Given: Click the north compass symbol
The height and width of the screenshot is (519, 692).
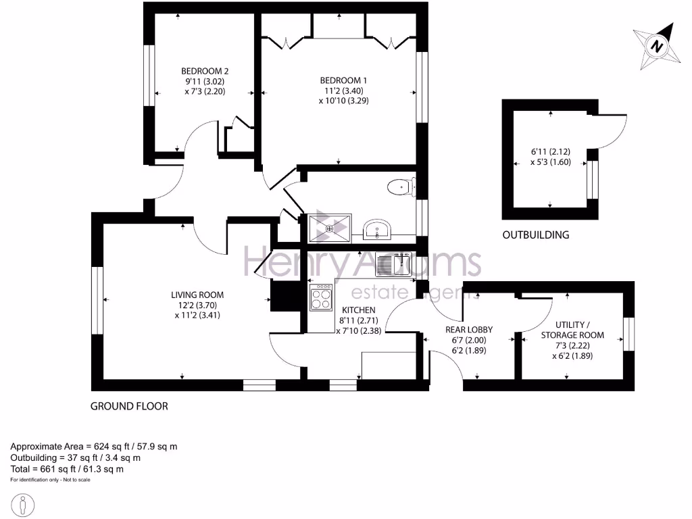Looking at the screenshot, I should coord(655,46).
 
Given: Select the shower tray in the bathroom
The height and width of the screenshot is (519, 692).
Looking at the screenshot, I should coord(330,228).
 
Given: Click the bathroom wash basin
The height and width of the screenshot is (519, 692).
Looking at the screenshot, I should coord(375,230).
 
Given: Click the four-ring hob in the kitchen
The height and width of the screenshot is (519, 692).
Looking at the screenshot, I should coord(321,297).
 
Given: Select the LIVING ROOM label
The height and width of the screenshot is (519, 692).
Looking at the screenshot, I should coord(197,295).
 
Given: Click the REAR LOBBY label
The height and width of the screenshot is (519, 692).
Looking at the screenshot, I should coord(468,330).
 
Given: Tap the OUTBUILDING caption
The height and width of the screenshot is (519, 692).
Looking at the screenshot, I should coord(535,235).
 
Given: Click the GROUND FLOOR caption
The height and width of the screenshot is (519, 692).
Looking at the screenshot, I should coord(129,406).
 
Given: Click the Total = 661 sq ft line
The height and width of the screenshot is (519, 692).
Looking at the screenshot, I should coord(67,468).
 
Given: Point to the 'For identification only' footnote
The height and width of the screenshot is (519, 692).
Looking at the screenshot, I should coord(50,480).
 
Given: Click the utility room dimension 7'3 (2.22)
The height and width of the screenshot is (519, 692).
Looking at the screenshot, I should coord(572,345).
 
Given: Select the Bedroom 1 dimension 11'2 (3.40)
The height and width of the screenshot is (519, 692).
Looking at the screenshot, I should coord(343,91).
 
